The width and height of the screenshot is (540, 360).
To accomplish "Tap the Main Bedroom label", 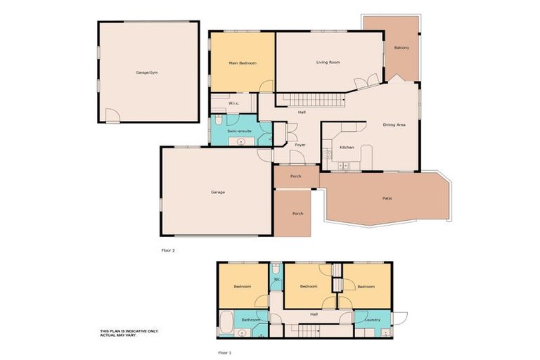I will [242, 63].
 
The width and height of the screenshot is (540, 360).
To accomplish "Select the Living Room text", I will [328, 63].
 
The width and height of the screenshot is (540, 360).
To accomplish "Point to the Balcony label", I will [401, 47].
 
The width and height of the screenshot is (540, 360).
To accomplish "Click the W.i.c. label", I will [233, 104].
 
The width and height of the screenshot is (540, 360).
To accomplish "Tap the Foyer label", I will [300, 145].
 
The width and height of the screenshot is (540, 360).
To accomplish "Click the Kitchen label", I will [347, 148].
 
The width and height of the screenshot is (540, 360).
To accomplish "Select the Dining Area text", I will [394, 124].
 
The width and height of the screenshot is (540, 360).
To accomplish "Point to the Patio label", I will [387, 198].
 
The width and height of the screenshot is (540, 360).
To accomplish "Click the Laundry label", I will [373, 320].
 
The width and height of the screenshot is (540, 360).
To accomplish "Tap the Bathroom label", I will [252, 320].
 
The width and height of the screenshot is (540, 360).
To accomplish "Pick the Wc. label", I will [277, 280].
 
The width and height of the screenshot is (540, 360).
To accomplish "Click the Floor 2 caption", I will [169, 250].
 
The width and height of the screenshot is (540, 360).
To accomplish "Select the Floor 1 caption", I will [225, 352].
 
